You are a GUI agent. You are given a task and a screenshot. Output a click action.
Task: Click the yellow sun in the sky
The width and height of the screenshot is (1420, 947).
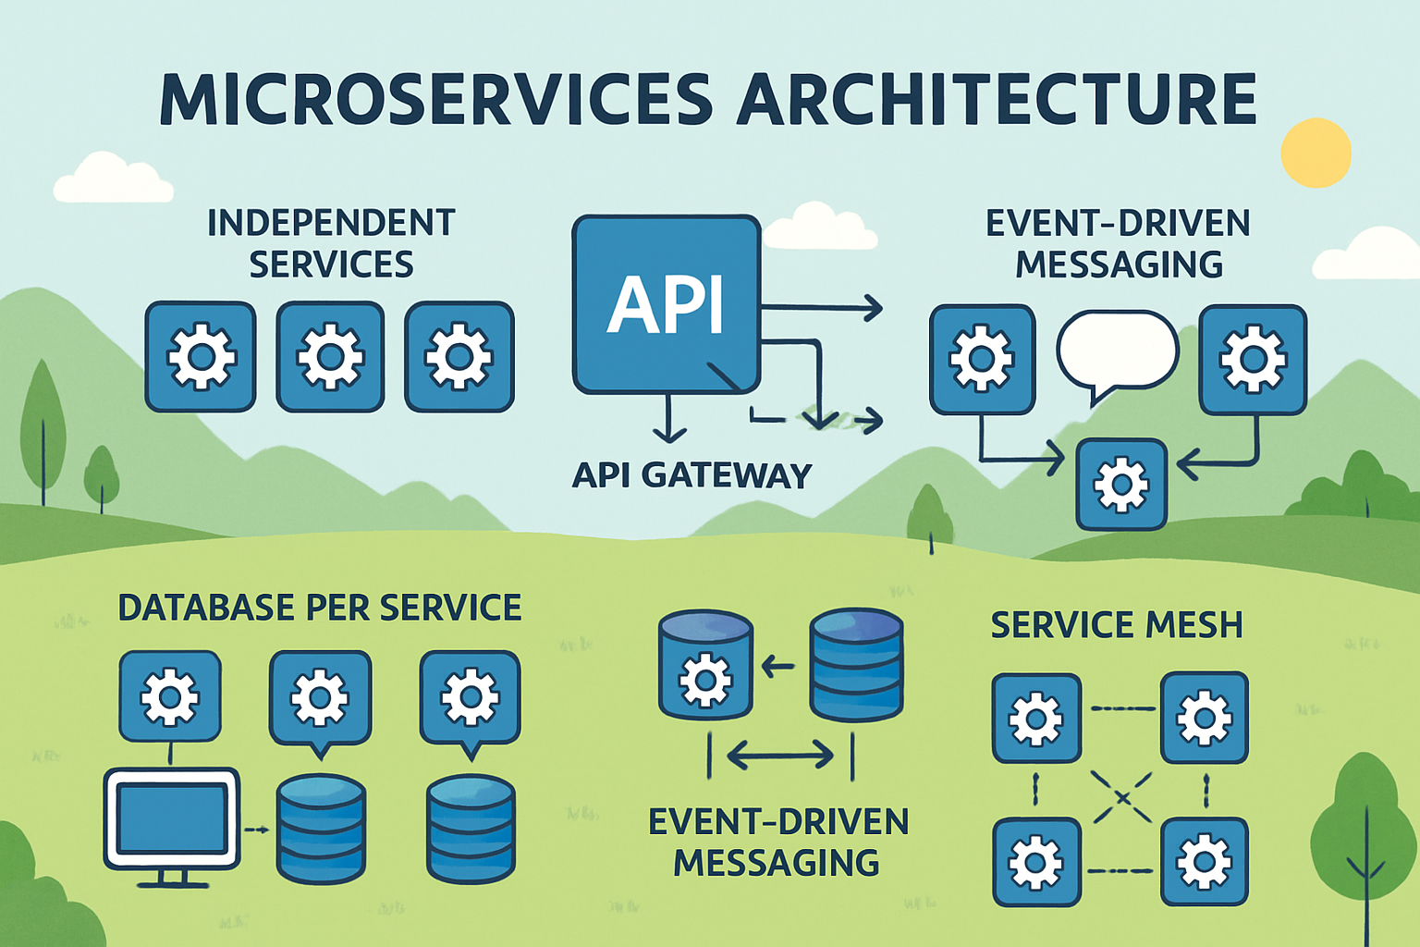(1316, 153)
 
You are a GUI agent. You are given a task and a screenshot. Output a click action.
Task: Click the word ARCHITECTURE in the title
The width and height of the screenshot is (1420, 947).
(997, 99)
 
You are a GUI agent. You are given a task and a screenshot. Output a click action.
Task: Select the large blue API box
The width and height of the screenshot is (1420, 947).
(666, 304)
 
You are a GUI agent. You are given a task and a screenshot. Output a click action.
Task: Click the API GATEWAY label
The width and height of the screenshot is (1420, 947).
(692, 475)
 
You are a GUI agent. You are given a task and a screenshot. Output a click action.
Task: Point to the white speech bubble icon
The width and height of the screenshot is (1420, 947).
(1117, 351)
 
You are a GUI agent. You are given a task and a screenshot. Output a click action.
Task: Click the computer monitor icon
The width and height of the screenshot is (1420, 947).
(171, 819)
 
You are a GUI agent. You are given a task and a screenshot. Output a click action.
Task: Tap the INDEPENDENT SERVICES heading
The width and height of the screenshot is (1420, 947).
(331, 243)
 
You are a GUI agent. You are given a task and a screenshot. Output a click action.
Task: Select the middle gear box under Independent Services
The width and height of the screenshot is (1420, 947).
(330, 356)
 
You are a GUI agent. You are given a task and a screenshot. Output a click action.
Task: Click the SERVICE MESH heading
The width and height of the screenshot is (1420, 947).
(1117, 625)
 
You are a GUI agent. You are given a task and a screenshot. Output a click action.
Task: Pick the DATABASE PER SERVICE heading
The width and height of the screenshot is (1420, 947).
(320, 608)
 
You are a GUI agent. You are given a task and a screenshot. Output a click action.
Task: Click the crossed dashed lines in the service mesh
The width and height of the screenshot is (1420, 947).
(1121, 796)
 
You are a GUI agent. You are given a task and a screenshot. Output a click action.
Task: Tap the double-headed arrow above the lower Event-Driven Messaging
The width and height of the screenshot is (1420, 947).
(780, 756)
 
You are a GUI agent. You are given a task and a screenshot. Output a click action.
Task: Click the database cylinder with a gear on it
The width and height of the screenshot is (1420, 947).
(705, 664)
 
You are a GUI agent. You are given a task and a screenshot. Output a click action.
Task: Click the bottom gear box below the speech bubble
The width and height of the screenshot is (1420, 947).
(1121, 484)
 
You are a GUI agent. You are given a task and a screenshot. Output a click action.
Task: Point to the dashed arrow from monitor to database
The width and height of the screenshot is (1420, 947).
(256, 830)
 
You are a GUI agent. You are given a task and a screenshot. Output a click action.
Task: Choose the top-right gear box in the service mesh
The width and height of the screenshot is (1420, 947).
(1204, 717)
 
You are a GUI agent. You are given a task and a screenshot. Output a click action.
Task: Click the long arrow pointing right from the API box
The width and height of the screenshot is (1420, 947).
(821, 308)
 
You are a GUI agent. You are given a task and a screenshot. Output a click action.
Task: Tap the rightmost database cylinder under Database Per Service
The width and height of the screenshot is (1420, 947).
(470, 829)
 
